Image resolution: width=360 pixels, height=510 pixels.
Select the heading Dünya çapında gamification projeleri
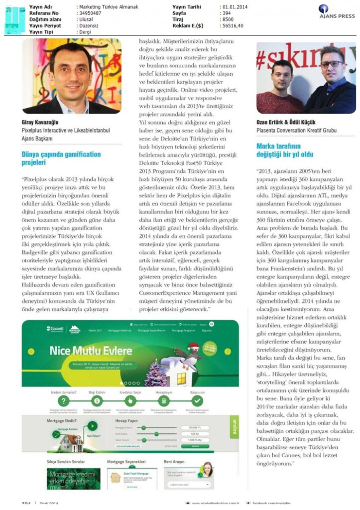point(61,158)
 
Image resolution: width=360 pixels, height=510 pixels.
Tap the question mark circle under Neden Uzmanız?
point(63,400)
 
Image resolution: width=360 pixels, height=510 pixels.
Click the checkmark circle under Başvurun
point(198,400)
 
